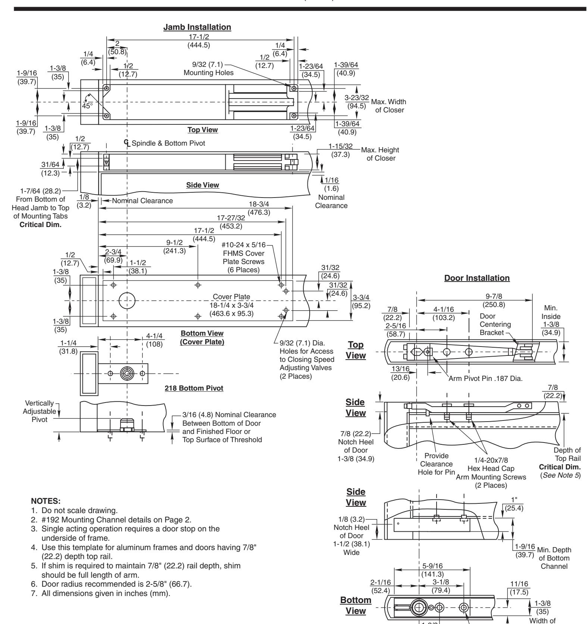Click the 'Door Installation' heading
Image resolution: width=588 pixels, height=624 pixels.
pyautogui.click(x=477, y=278)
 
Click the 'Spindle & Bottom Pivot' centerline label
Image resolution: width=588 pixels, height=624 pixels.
pyautogui.click(x=166, y=143)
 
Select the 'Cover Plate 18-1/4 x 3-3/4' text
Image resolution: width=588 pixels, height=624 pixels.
pyautogui.click(x=232, y=305)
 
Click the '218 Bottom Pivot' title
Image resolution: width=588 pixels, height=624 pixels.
pyautogui.click(x=194, y=388)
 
